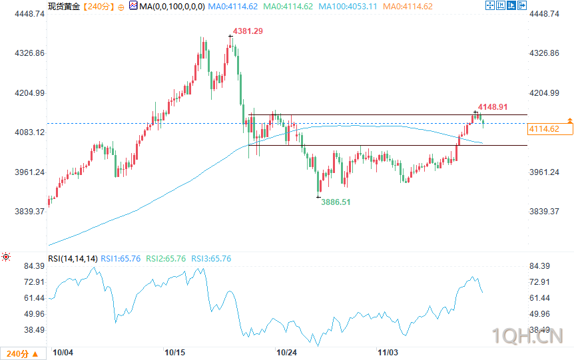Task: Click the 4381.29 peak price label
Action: click(248, 31)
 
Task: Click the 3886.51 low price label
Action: click(336, 202)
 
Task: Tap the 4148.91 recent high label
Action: click(493, 106)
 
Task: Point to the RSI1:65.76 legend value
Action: click(121, 258)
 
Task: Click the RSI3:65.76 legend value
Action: click(211, 258)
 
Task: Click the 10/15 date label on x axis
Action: click(174, 351)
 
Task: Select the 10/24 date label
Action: click(286, 351)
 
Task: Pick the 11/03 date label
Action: click(388, 351)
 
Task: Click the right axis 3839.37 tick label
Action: click(543, 212)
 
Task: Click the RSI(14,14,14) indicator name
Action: click(73, 258)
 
